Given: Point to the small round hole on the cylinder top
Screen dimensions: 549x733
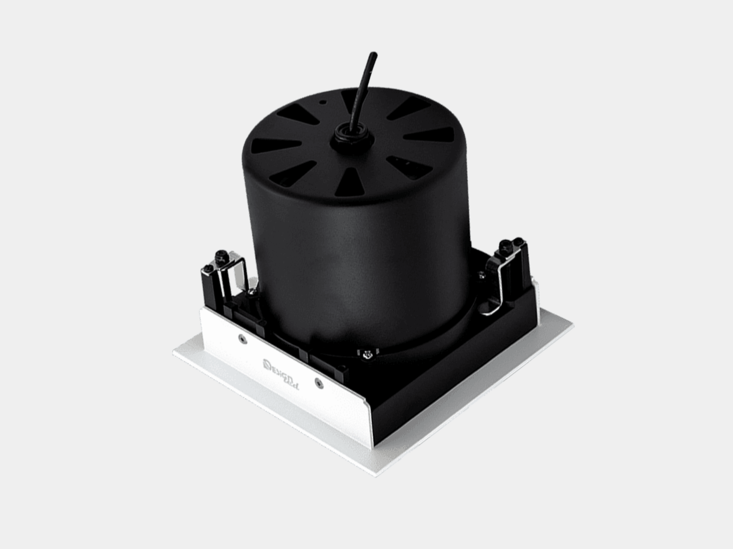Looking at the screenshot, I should point(323,102).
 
